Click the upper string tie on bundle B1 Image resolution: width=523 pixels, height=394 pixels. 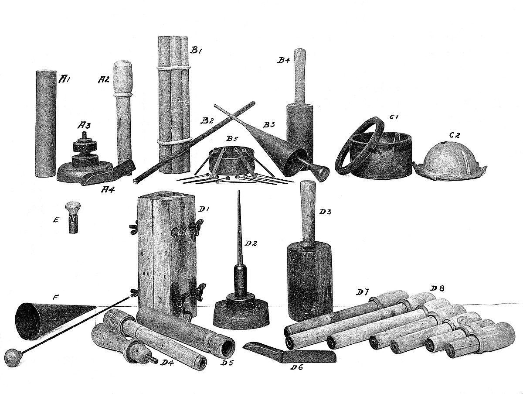(173, 68)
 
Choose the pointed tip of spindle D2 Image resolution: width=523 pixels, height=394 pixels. (238, 192)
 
